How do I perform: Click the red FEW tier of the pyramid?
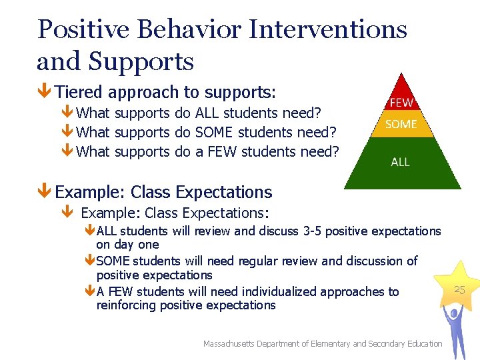(x=401, y=102)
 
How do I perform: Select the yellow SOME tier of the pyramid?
(x=401, y=124)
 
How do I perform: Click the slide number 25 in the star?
(x=459, y=289)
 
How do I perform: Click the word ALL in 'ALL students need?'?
(x=208, y=113)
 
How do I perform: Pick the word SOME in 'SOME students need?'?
(x=215, y=132)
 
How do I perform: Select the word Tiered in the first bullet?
(x=79, y=92)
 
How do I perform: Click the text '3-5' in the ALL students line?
(x=313, y=231)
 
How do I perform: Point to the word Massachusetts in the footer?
(x=233, y=343)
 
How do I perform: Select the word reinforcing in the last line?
(x=126, y=305)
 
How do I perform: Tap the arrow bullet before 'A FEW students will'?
(x=91, y=291)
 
